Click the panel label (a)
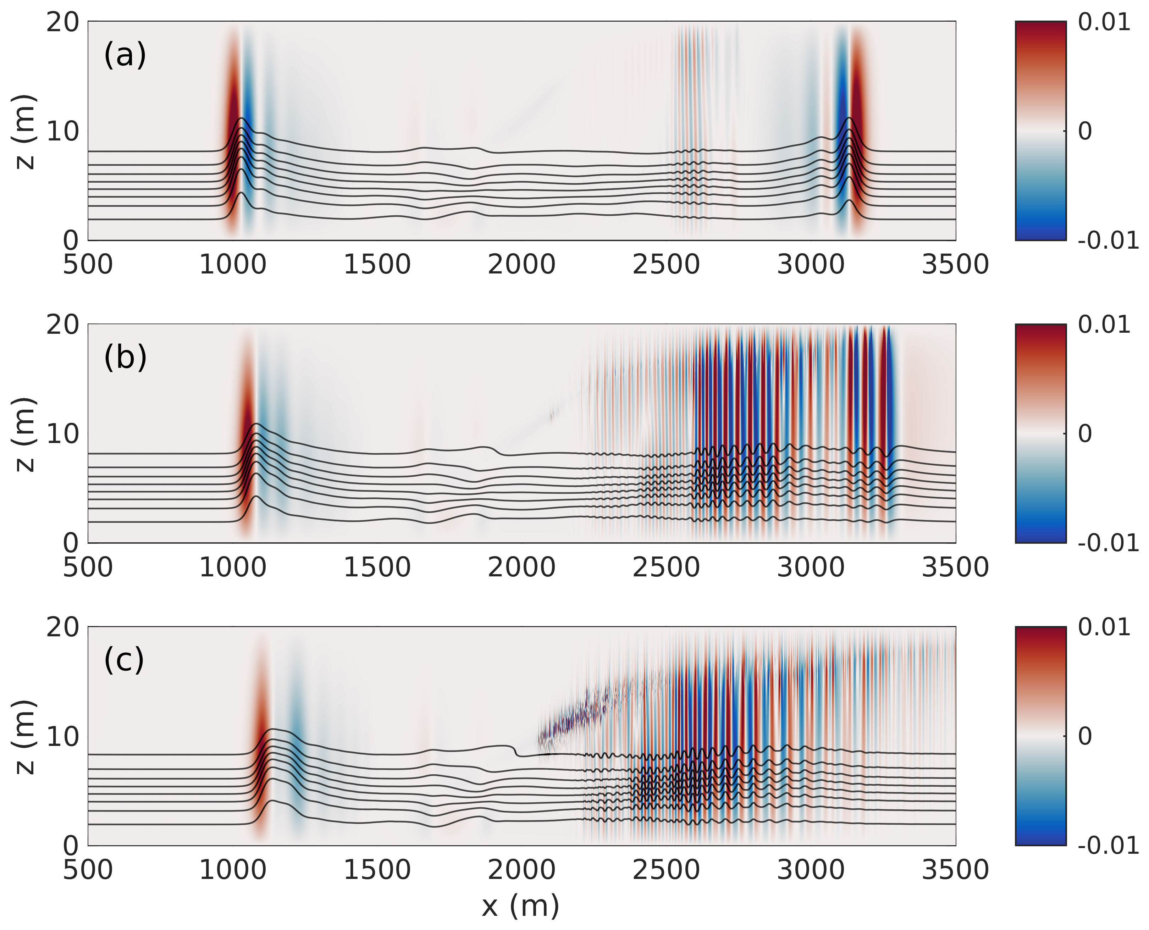click(125, 56)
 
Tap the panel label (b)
click(125, 358)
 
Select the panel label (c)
click(124, 660)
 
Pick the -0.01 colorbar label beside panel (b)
click(1108, 543)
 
